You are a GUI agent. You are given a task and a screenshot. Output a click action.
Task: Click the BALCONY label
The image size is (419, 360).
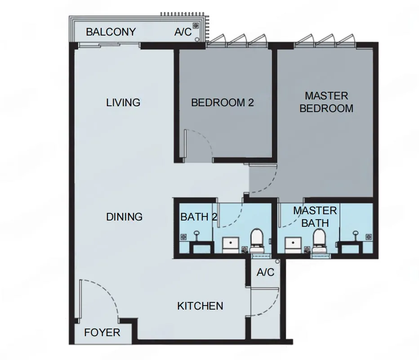(x=111, y=32)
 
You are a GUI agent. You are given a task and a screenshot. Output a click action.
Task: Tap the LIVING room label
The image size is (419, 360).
(x=123, y=103)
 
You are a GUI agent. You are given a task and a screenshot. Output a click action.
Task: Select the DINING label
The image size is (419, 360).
(x=124, y=217)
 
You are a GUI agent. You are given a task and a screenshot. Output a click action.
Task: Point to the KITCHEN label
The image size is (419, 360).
(x=200, y=306)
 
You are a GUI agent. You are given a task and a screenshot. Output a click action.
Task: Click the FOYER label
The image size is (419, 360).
(x=102, y=333)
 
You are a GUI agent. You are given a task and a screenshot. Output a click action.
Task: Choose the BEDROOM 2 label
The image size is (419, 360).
(x=223, y=103)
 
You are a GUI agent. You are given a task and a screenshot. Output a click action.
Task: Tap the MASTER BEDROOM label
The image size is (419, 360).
(x=326, y=102)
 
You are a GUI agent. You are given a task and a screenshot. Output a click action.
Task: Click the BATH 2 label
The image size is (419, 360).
(x=199, y=217)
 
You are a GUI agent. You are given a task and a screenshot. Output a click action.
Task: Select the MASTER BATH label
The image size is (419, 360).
(x=315, y=217)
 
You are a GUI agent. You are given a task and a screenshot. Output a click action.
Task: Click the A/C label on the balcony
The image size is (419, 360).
(x=183, y=32)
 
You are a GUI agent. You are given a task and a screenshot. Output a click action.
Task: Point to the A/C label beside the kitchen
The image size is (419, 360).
(x=265, y=273)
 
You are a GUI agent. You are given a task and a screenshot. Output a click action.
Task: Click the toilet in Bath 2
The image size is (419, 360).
(x=257, y=241)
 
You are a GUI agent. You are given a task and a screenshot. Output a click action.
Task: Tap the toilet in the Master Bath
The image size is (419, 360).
(x=319, y=241)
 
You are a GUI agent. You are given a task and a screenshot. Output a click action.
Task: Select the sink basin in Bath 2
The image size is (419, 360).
(x=231, y=245)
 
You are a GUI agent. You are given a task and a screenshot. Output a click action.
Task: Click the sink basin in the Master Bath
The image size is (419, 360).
(x=293, y=245)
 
